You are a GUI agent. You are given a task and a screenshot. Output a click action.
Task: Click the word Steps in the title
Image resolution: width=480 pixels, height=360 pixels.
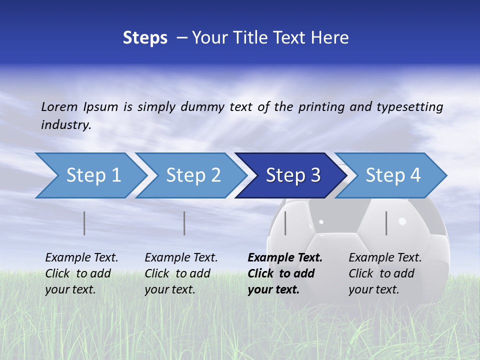[145, 38]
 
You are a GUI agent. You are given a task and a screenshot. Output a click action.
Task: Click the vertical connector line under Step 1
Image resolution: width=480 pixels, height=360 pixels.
[84, 223]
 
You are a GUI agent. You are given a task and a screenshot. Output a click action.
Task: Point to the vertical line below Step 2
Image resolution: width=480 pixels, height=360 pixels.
[184, 223]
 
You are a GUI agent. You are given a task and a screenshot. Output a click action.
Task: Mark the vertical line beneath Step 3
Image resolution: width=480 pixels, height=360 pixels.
[285, 223]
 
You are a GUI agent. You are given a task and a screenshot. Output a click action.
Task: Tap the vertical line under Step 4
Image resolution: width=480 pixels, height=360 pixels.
[386, 223]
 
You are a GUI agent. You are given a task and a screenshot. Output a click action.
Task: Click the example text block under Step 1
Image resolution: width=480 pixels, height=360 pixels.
[81, 273]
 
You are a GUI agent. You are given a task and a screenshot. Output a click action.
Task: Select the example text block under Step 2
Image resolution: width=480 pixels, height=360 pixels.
[181, 273]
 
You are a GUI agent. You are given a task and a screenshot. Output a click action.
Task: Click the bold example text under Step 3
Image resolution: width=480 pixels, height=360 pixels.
[285, 273]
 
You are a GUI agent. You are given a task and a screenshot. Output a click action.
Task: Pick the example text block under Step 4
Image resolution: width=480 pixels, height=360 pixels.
[385, 273]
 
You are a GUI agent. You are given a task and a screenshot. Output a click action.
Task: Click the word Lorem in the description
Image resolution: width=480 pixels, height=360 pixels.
[59, 107]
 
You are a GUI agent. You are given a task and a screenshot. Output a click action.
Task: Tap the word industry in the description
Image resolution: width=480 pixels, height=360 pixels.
[66, 125]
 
